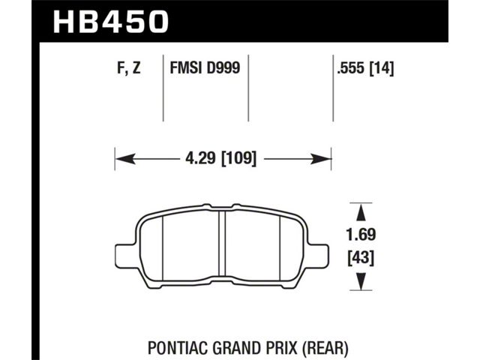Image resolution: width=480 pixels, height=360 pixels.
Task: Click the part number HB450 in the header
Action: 111,22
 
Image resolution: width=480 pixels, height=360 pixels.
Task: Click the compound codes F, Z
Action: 128,67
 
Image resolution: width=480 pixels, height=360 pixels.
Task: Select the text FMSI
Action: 186,67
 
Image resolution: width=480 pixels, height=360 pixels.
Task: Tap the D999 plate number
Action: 223,67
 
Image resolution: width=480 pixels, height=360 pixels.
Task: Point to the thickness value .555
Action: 351,67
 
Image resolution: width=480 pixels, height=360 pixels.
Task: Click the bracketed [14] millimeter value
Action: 382,67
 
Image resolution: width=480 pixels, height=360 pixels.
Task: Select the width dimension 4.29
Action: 200,158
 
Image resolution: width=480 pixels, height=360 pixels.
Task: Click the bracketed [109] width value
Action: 238,158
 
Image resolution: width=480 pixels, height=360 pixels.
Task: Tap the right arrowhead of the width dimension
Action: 321,159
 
